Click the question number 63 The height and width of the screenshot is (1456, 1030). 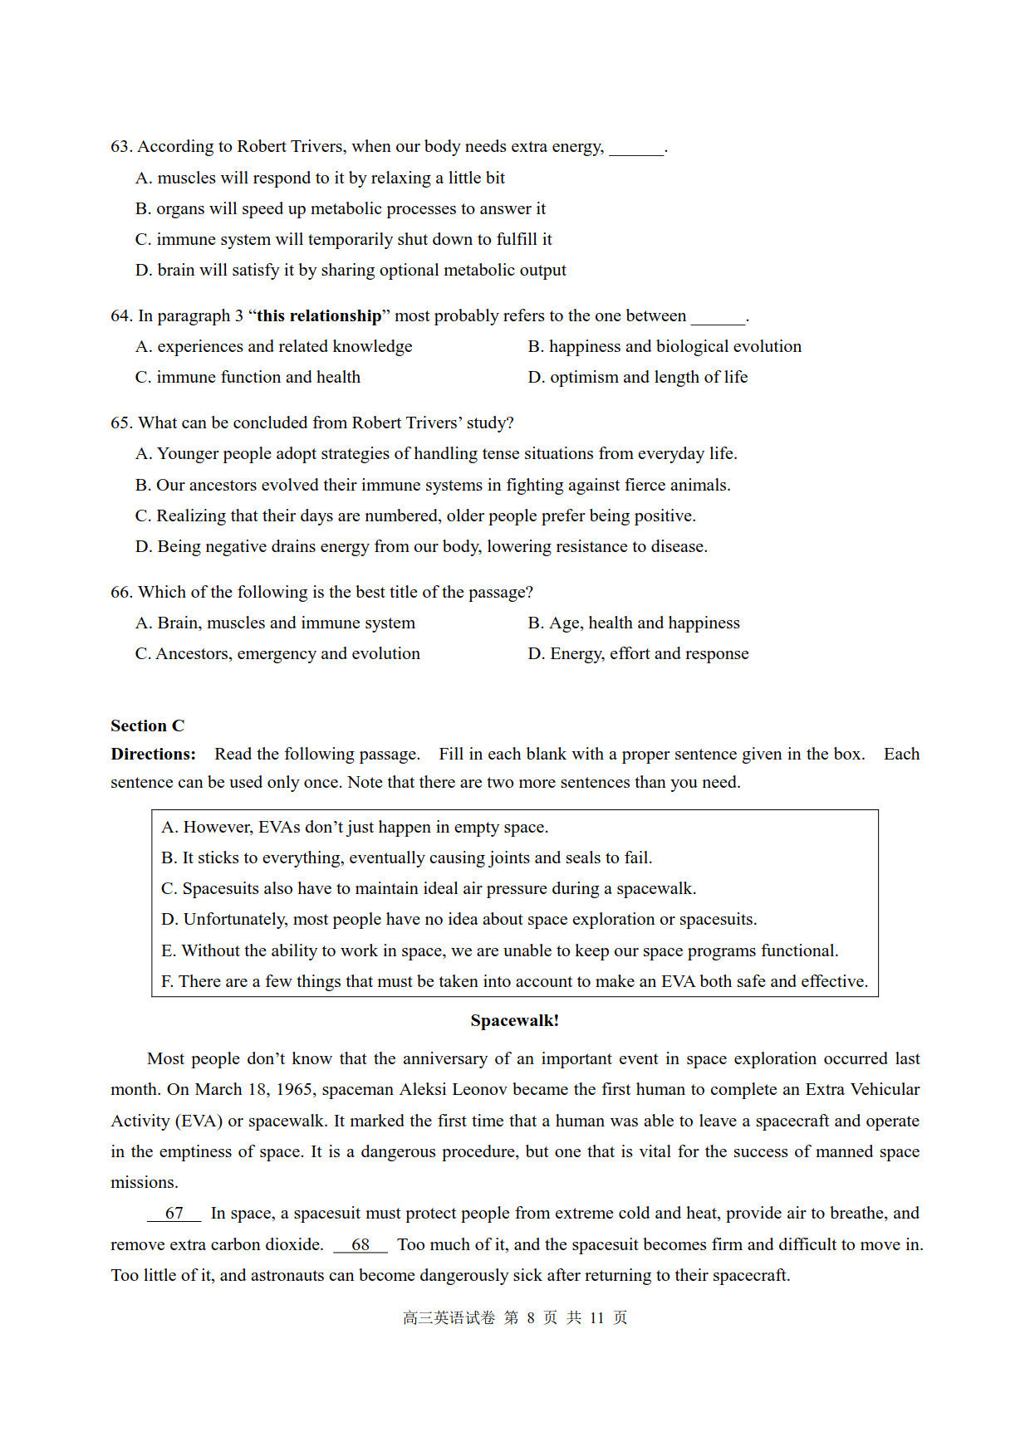coord(121,147)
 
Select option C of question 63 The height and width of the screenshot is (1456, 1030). coord(343,240)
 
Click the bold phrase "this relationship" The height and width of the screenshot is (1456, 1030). coord(319,316)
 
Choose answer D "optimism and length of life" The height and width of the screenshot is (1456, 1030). coord(637,378)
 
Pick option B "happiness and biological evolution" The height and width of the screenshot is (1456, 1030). coord(665,347)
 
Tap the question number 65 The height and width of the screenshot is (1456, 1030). coord(121,423)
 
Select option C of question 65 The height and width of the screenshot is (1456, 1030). coord(415,516)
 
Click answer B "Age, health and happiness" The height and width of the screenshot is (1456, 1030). coord(633,623)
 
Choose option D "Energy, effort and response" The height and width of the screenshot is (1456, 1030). coord(638,654)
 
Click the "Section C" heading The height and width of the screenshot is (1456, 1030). coord(148,726)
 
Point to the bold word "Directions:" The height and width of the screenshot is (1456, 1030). coord(154,755)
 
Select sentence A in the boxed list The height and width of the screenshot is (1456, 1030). coord(355,828)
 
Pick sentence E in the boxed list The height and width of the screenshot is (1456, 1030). coord(499,951)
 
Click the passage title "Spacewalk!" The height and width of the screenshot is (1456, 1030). coord(514,1021)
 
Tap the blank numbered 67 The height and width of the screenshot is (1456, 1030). coord(174,1214)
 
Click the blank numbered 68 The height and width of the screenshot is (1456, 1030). coord(360,1245)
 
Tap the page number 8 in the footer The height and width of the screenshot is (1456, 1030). coord(531,1318)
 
